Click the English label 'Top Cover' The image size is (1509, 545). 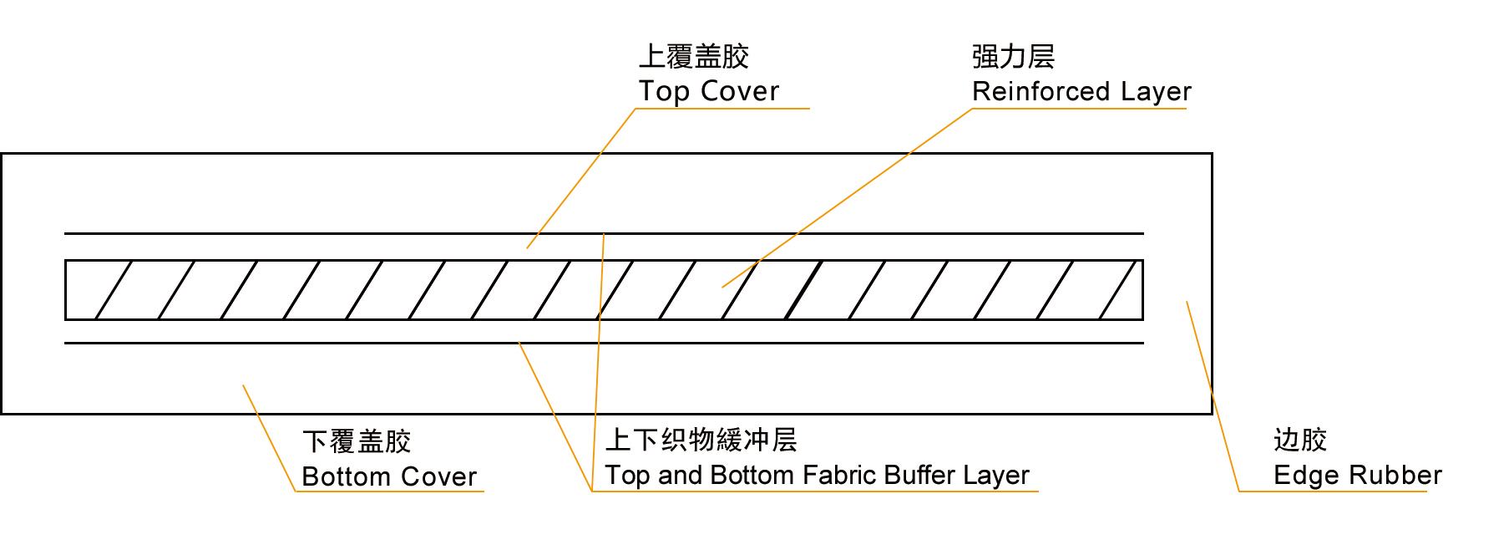[708, 91]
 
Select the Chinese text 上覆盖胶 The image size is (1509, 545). [693, 57]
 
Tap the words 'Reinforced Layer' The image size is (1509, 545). [1081, 91]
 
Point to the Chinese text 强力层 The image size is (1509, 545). [1013, 57]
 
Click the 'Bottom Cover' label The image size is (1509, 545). [389, 476]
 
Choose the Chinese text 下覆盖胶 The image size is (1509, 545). [357, 441]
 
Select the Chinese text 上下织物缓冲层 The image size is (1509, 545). [701, 440]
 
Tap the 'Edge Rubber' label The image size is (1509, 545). [1357, 476]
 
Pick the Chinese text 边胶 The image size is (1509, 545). [1299, 440]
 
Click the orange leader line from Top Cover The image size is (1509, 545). [581, 179]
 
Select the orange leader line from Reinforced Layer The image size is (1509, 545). [848, 198]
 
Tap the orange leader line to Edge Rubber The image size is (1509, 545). [1213, 396]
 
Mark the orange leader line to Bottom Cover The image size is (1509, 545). [269, 438]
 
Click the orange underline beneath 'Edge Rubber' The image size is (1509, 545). [1332, 492]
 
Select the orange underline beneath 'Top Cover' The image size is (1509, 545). [722, 109]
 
